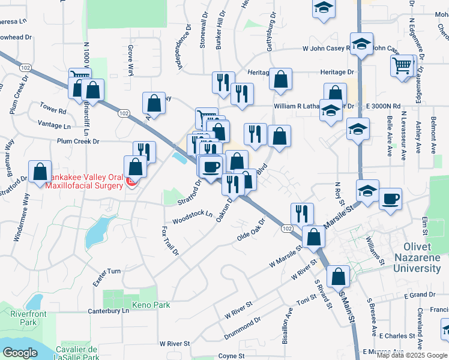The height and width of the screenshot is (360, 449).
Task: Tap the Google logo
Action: [20, 352]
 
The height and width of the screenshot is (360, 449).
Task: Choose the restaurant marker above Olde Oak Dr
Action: [302, 213]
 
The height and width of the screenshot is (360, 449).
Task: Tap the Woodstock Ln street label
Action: [193, 217]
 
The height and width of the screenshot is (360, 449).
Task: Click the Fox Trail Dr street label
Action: [170, 240]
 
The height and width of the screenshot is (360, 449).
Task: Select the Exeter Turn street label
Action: [107, 271]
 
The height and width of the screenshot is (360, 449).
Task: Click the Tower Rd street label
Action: [53, 111]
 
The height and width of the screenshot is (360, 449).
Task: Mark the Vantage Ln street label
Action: [53, 126]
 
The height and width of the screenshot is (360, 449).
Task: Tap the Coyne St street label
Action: [228, 356]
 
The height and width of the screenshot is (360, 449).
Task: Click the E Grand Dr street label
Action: [419, 295]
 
